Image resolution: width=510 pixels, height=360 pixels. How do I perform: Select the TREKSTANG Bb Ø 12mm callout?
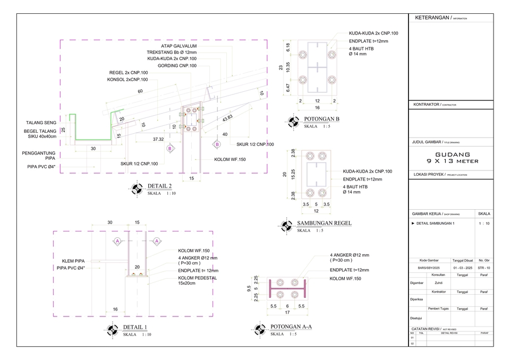tap(172, 53)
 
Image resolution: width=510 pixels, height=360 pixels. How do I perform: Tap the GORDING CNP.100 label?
tap(177, 66)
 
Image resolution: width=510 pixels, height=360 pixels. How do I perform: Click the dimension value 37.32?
tap(158, 140)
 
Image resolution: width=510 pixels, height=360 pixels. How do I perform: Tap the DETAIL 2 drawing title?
tap(163, 186)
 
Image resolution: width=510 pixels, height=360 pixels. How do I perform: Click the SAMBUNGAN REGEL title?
tap(324, 224)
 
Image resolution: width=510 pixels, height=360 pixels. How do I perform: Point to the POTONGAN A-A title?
tap(291, 327)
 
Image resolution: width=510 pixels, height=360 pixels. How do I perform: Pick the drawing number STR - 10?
tap(484, 268)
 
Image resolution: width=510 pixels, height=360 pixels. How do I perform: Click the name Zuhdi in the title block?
tap(438, 283)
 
